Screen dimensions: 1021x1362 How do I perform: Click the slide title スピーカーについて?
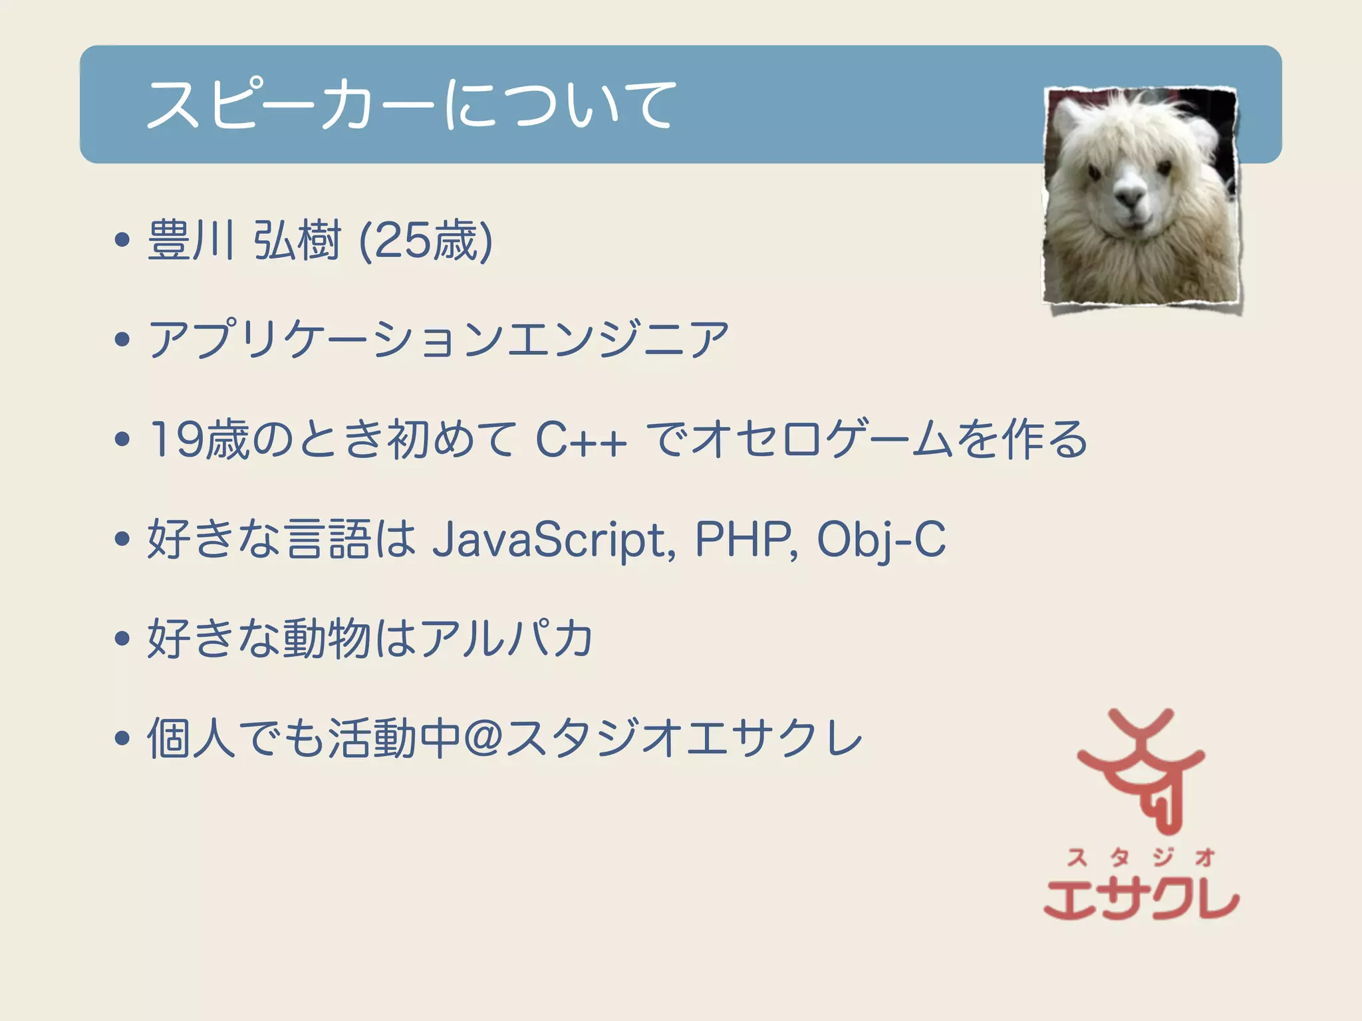click(411, 104)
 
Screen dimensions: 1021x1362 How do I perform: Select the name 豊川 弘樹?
click(244, 240)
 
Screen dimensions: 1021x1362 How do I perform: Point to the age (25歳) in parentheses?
click(426, 240)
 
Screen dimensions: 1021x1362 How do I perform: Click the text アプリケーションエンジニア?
click(438, 339)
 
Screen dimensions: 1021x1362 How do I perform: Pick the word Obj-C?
click(881, 539)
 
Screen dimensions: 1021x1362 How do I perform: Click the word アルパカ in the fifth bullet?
click(505, 638)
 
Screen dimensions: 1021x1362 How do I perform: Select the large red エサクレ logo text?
click(1141, 899)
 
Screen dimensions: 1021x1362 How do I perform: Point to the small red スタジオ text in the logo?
click(1141, 857)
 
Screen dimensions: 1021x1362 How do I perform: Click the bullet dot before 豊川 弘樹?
click(122, 240)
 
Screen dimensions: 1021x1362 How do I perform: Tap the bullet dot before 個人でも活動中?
click(122, 738)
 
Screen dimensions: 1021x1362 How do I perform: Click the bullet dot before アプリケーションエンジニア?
click(122, 339)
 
